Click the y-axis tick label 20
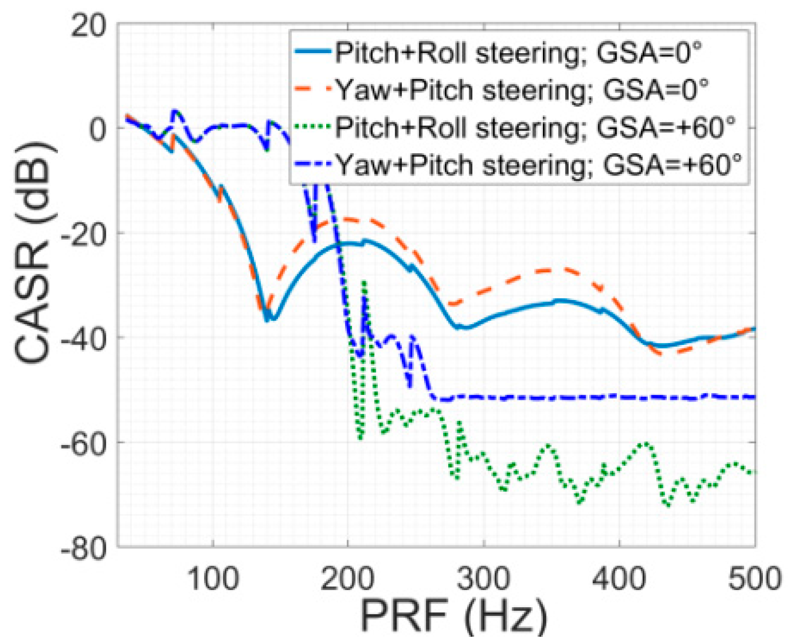pyautogui.click(x=89, y=25)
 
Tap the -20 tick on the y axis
pyautogui.click(x=85, y=235)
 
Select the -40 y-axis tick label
pyautogui.click(x=85, y=339)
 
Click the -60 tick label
pyautogui.click(x=85, y=444)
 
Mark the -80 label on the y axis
pyautogui.click(x=85, y=549)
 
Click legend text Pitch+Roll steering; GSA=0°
pyautogui.click(x=518, y=52)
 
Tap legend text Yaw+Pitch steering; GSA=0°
pyautogui.click(x=522, y=90)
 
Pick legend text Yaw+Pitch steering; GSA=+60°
pyautogui.click(x=538, y=165)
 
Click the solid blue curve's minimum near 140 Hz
pyautogui.click(x=266, y=320)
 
